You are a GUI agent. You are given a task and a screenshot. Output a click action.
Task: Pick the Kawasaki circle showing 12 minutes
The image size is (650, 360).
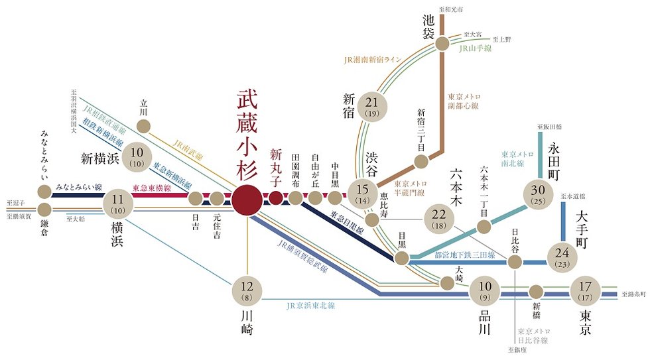pyautogui.click(x=247, y=290)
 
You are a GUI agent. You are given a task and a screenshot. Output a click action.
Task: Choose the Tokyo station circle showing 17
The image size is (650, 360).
pyautogui.click(x=585, y=290)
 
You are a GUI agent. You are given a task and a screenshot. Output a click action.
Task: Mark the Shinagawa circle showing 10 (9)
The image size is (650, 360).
pyautogui.click(x=485, y=290)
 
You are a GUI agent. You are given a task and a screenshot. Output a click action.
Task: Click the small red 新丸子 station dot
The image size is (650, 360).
pyautogui.click(x=276, y=198)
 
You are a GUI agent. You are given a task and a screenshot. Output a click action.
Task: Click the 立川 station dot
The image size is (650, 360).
pyautogui.click(x=145, y=126)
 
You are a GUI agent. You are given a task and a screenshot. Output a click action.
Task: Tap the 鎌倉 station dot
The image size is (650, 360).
pyautogui.click(x=44, y=215)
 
